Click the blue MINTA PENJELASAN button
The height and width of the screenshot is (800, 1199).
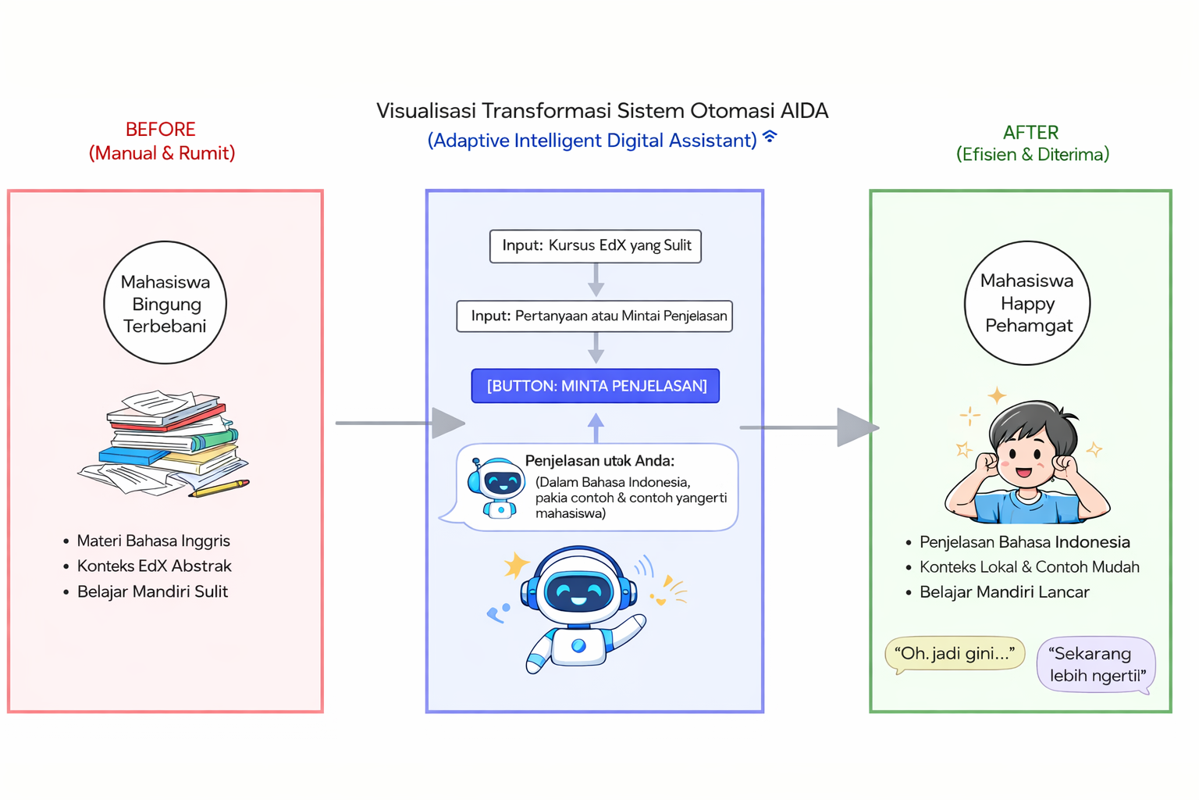pyautogui.click(x=595, y=386)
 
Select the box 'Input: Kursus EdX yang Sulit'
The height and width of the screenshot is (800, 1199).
pyautogui.click(x=595, y=246)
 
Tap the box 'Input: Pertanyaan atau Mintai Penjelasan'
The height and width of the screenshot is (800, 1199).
pyautogui.click(x=594, y=316)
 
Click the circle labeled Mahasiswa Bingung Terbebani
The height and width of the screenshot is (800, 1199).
pyautogui.click(x=165, y=303)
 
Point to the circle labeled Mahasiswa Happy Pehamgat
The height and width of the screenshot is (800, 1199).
pyautogui.click(x=1027, y=303)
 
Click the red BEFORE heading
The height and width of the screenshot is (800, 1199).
pyautogui.click(x=161, y=130)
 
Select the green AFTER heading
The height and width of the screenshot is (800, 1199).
pyautogui.click(x=1030, y=133)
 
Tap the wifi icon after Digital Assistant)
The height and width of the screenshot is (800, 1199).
pyautogui.click(x=770, y=137)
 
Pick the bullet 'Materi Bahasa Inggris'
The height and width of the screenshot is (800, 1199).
pyautogui.click(x=153, y=541)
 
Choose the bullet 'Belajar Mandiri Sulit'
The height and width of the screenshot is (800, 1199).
pyautogui.click(x=152, y=591)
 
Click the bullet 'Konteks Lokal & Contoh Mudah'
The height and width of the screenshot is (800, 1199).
pyautogui.click(x=1029, y=567)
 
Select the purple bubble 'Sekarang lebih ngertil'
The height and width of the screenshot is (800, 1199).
pyautogui.click(x=1096, y=664)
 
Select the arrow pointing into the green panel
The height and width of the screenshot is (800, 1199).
pyautogui.click(x=812, y=427)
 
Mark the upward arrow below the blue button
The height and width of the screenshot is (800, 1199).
pyautogui.click(x=596, y=427)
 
